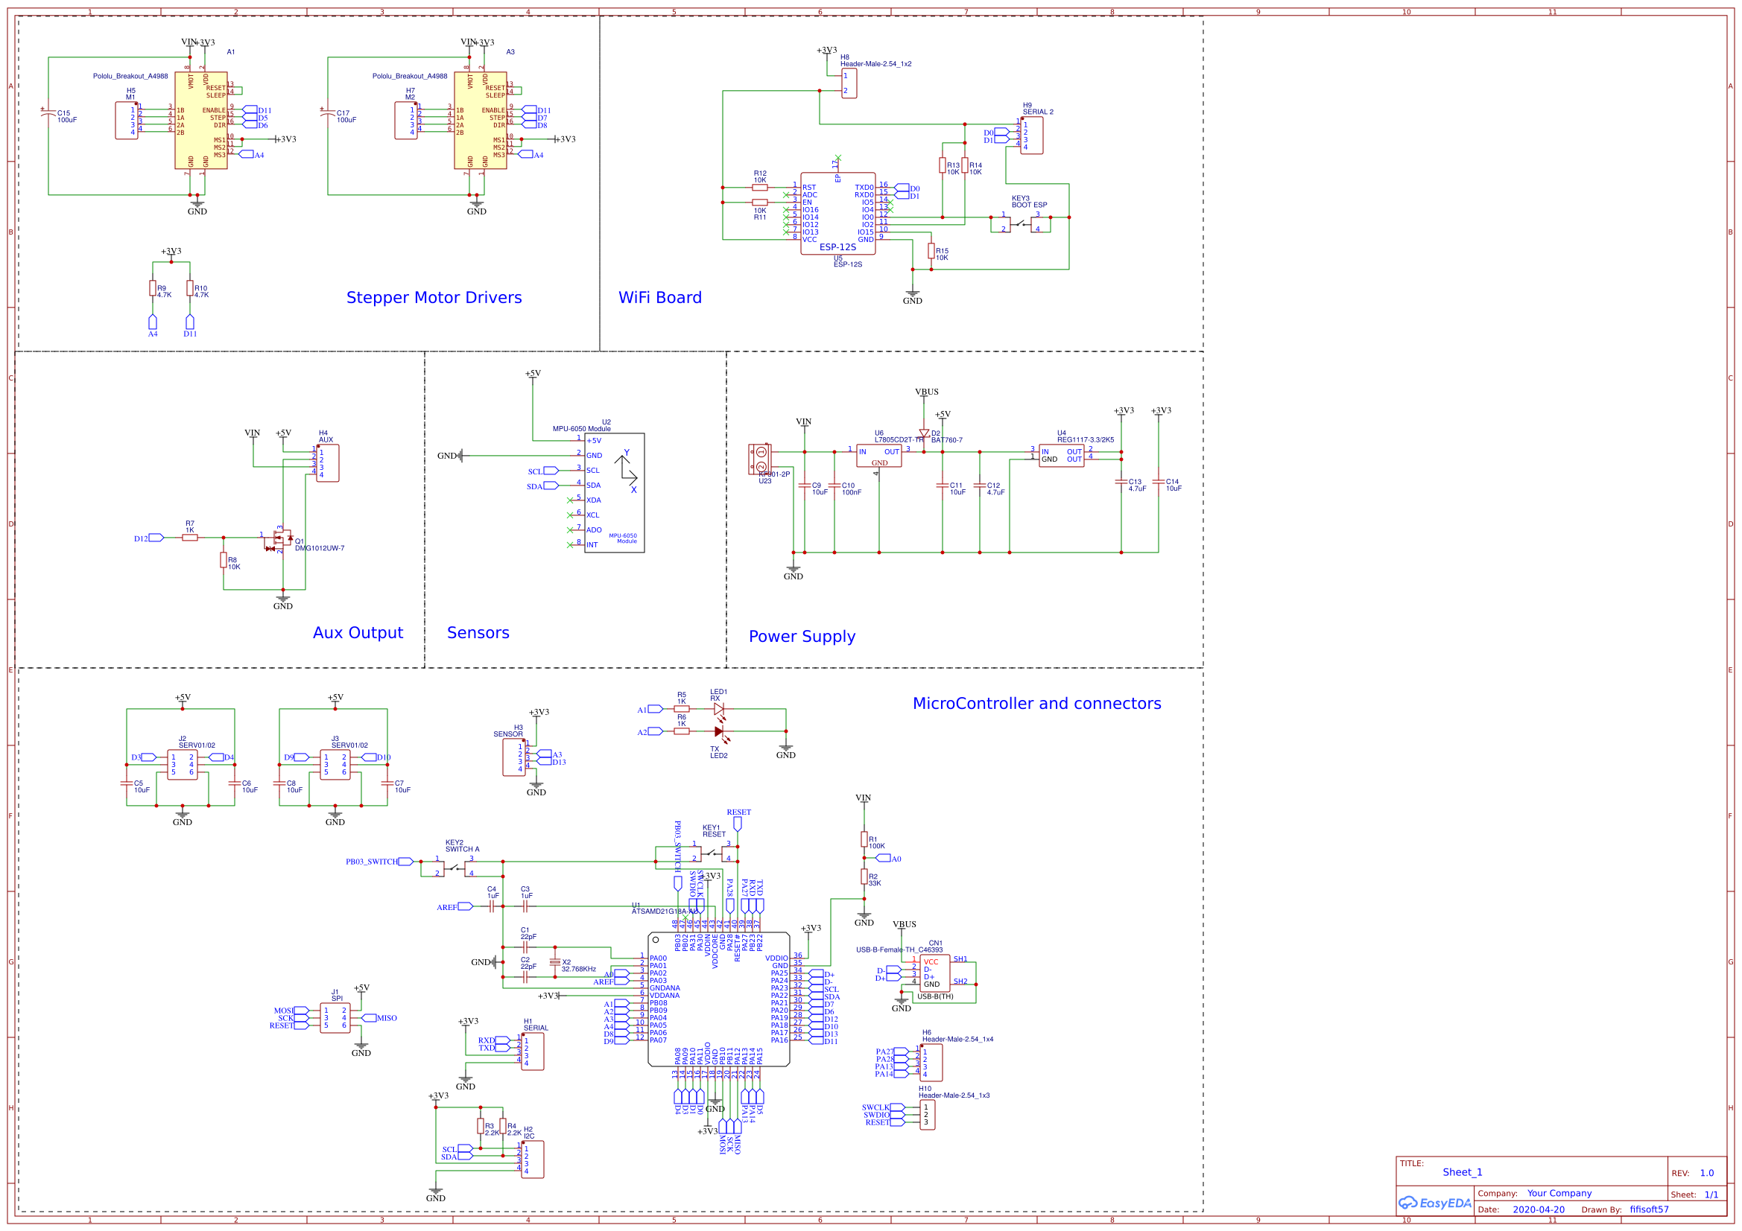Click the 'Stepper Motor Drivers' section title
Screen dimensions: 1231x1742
click(434, 297)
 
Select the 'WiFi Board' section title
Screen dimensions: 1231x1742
click(660, 297)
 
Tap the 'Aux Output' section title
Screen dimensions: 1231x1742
click(358, 632)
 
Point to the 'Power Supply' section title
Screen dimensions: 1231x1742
click(802, 637)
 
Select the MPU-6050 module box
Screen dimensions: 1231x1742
click(614, 493)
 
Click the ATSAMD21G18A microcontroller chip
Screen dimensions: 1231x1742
click(718, 999)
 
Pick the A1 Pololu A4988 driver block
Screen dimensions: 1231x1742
click(201, 121)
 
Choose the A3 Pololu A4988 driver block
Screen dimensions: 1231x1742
click(481, 121)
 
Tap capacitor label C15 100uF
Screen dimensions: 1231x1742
click(66, 117)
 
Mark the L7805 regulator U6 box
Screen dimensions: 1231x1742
click(878, 455)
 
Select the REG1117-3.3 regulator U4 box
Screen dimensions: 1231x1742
click(1061, 455)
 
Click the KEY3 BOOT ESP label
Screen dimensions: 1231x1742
click(1029, 202)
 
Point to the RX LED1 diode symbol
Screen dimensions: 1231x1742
click(718, 709)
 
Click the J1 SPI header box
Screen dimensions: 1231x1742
click(335, 1018)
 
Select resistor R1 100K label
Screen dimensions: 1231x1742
click(876, 843)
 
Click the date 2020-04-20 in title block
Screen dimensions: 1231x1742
click(1539, 1209)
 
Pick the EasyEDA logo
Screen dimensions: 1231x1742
click(1435, 1203)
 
